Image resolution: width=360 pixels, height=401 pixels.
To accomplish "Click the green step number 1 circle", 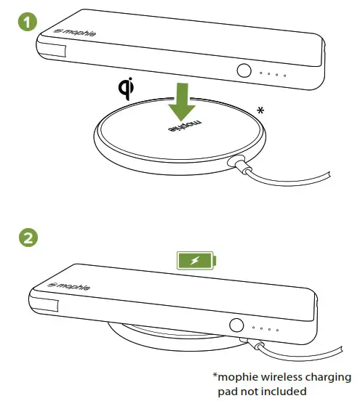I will (x=27, y=23).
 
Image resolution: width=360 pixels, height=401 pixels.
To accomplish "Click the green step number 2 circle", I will (x=27, y=237).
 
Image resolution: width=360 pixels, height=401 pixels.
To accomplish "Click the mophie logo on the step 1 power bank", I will (x=71, y=33).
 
